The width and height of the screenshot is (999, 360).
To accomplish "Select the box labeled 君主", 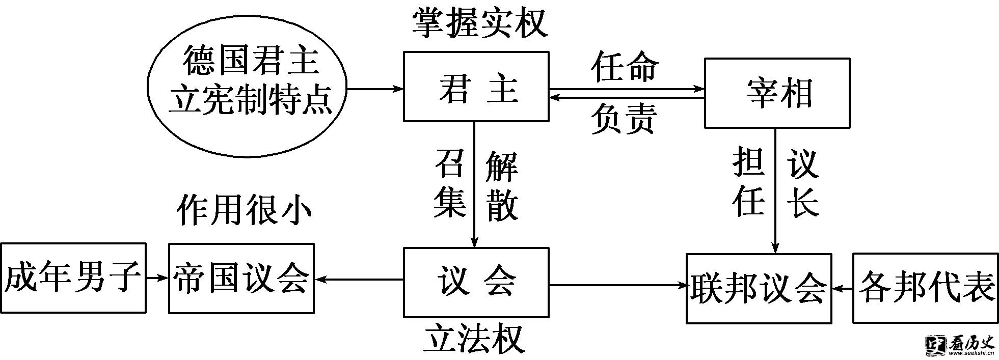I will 476,87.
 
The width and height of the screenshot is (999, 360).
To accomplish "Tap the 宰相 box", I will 776,93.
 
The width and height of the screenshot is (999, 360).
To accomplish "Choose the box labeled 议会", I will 476,283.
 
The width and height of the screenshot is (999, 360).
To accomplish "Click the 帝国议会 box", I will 241,278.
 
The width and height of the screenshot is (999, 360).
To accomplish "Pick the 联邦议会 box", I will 758,289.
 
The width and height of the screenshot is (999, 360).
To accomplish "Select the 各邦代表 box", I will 925,289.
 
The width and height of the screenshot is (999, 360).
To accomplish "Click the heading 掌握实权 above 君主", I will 479,23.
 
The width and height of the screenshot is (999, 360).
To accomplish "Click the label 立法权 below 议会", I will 474,340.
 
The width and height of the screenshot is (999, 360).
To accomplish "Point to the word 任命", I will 625,67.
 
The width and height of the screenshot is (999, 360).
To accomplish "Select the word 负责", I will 625,118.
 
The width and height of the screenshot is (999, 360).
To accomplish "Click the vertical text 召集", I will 450,183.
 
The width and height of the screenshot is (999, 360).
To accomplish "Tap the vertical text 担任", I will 749,181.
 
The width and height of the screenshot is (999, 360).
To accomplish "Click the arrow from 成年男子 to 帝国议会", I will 157,278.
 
